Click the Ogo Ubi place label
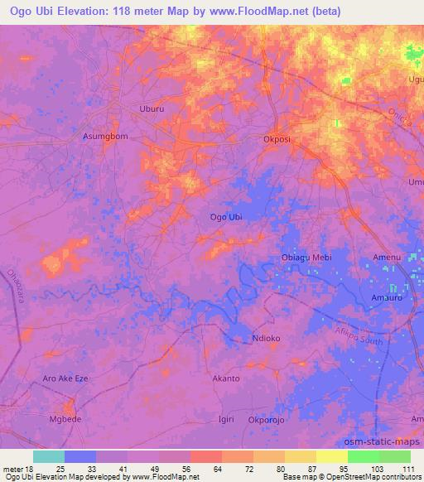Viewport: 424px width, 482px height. [227, 217]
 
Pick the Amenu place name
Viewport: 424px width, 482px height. [387, 258]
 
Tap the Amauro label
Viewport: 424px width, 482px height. [387, 296]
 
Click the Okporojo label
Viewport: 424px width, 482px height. [267, 419]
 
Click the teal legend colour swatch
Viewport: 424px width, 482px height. [48, 456]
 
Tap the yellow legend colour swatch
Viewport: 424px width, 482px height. [331, 456]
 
